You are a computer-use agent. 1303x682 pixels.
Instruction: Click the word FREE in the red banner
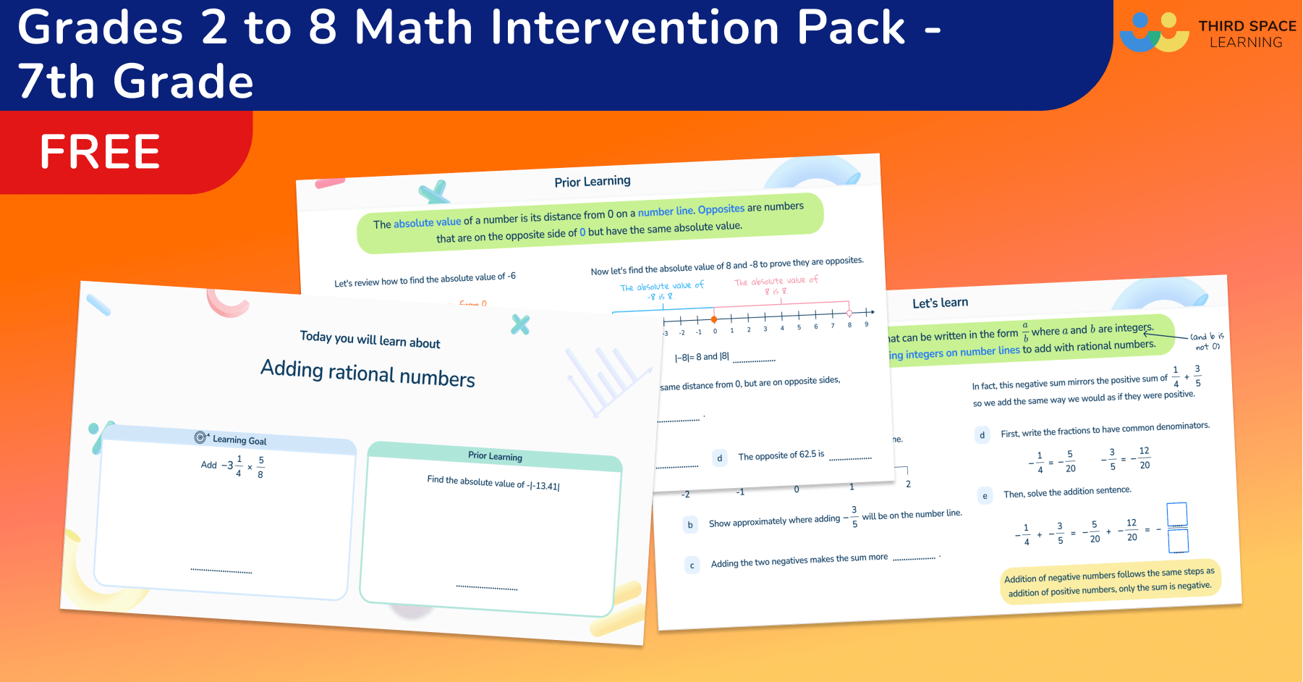pyautogui.click(x=100, y=152)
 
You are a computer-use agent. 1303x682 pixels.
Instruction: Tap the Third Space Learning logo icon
pyautogui.click(x=1154, y=33)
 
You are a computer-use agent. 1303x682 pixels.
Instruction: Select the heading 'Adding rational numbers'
pyautogui.click(x=368, y=373)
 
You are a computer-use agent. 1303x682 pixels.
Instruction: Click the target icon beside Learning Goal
pyautogui.click(x=200, y=437)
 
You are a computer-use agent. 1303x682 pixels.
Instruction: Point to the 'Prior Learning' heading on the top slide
pyautogui.click(x=593, y=181)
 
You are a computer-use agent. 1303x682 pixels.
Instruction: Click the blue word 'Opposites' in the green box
pyautogui.click(x=721, y=209)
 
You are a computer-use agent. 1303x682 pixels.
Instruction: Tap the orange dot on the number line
pyautogui.click(x=714, y=319)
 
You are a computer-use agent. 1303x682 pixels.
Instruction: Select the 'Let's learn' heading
pyautogui.click(x=940, y=303)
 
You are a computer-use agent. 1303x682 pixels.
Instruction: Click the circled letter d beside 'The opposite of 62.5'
pyautogui.click(x=719, y=458)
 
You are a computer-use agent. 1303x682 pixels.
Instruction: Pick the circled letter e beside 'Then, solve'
pyautogui.click(x=985, y=496)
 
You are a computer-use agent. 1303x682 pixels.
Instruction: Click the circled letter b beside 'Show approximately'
pyautogui.click(x=690, y=525)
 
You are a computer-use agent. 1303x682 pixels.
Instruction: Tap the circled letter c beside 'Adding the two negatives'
pyautogui.click(x=692, y=565)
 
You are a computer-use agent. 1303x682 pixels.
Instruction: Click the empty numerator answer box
pyautogui.click(x=1177, y=514)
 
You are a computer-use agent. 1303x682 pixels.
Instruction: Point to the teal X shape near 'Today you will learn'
pyautogui.click(x=520, y=324)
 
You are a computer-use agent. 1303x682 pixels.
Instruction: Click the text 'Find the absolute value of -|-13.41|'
pyautogui.click(x=493, y=483)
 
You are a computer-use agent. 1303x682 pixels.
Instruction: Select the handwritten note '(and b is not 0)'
pyautogui.click(x=1207, y=341)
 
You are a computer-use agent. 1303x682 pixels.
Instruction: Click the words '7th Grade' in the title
pyautogui.click(x=136, y=81)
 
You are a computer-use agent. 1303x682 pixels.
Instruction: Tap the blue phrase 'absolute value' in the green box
pyautogui.click(x=427, y=222)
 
